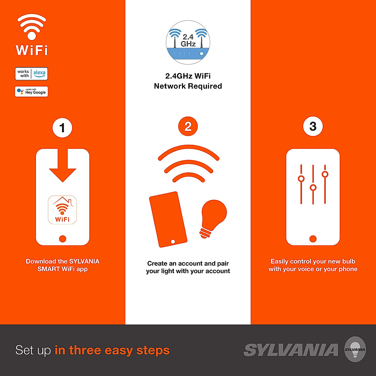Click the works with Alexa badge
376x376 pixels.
coord(31,74)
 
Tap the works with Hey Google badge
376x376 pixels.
coord(31,91)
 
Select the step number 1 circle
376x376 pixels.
coord(62,128)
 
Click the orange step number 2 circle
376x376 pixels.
coord(188,127)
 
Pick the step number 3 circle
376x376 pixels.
coord(313,127)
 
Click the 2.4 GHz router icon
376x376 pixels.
coord(188,43)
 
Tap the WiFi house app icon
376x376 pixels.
coord(62,210)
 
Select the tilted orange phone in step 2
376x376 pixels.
coord(168,219)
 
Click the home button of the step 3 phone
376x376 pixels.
coord(313,239)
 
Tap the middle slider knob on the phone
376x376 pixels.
coord(313,188)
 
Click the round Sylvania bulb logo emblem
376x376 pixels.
coord(355,349)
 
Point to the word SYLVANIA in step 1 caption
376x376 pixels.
coord(84,261)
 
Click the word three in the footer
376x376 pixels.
coord(86,350)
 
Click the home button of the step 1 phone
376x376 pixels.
coord(63,239)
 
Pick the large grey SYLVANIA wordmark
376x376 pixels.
coord(291,350)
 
